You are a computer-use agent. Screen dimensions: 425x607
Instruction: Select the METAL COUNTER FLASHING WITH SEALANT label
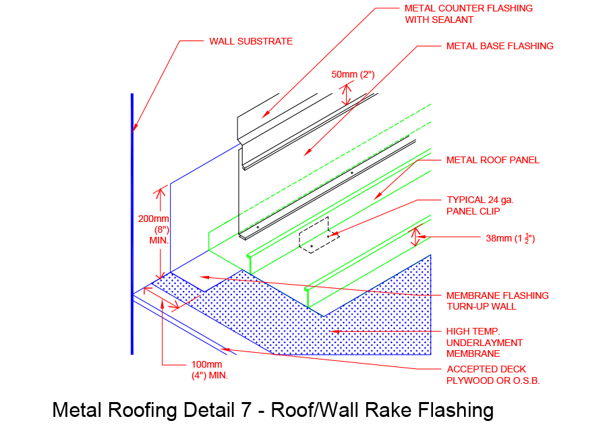(468, 14)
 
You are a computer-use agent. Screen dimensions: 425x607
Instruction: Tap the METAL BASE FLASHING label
(499, 47)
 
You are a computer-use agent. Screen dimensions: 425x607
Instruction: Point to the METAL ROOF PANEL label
(492, 161)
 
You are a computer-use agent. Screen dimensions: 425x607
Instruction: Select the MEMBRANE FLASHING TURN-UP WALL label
(497, 301)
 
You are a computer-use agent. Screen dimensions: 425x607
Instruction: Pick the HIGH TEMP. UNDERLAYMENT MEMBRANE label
(484, 342)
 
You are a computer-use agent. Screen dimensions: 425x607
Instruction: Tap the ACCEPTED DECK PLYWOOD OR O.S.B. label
(492, 374)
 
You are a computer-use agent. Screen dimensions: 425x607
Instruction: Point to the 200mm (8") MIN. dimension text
(154, 229)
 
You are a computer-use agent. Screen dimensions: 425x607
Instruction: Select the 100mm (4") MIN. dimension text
(209, 370)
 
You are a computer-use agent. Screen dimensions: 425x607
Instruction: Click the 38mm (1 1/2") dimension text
(510, 237)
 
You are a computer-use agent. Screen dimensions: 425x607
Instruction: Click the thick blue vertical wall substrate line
(132, 270)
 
